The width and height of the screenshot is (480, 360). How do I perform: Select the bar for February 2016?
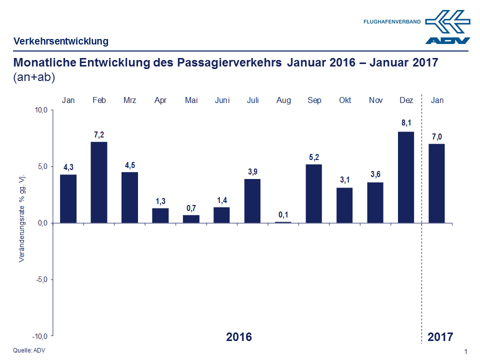tap(99, 182)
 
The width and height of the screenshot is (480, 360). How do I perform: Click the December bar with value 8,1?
tap(406, 177)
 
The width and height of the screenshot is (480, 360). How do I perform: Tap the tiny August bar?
tap(283, 222)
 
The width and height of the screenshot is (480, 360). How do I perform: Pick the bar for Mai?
tap(191, 219)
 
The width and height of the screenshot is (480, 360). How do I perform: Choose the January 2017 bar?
tap(436, 183)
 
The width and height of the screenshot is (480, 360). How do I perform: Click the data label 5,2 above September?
tap(314, 157)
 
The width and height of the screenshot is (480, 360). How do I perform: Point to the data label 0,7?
tap(191, 208)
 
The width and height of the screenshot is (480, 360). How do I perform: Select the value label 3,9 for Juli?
tap(253, 172)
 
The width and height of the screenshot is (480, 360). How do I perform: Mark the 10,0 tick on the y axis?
tap(40, 110)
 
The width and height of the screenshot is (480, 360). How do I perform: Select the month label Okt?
tap(345, 100)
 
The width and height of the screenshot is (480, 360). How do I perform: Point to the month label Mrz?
tap(130, 100)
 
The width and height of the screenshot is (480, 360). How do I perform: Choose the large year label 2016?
tap(239, 336)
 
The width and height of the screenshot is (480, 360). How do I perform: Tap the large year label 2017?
tap(440, 336)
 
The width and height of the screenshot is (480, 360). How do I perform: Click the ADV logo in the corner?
tap(447, 27)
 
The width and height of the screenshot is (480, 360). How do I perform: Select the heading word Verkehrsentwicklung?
tap(61, 41)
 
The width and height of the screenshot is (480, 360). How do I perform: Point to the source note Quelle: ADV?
tap(24, 349)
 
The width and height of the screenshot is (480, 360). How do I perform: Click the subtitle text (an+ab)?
tap(34, 77)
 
